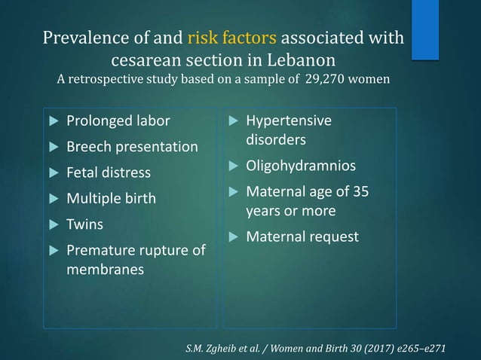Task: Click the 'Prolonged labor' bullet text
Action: [x=118, y=121]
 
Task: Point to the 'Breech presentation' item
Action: [x=132, y=147]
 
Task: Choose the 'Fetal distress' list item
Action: [x=109, y=173]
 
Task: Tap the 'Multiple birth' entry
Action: [x=111, y=199]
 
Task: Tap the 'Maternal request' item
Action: [x=302, y=236]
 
